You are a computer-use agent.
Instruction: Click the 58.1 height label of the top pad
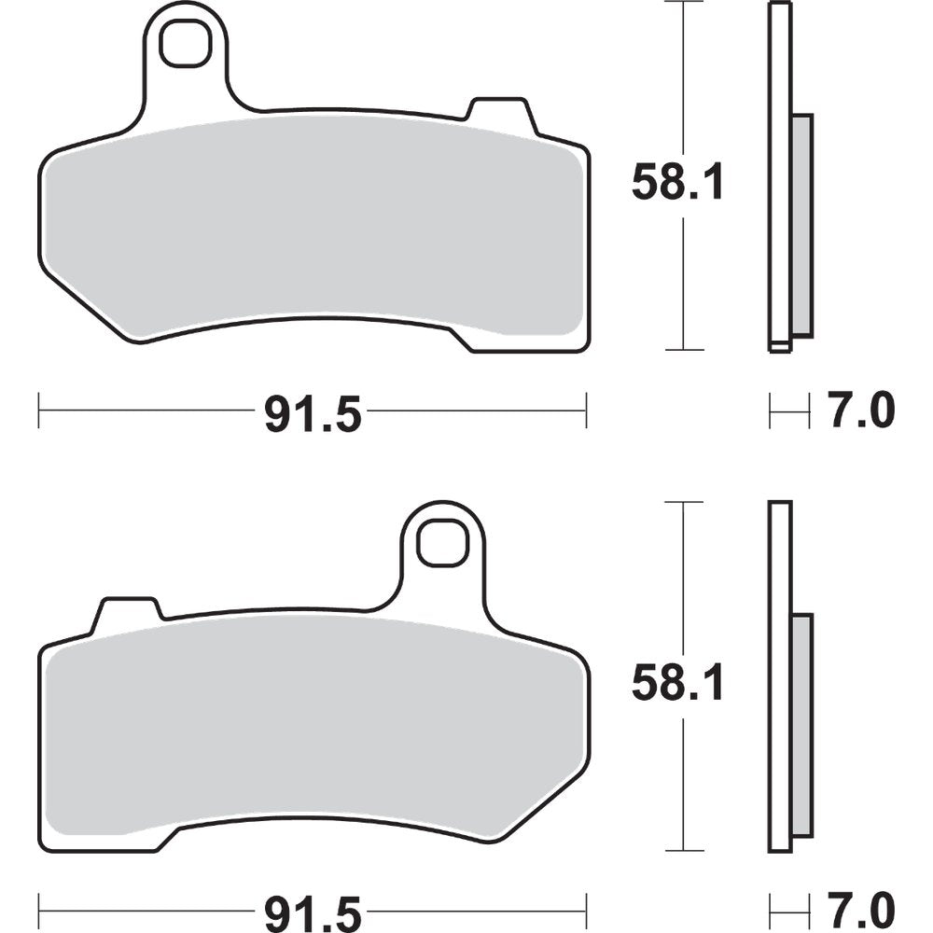[x=677, y=182]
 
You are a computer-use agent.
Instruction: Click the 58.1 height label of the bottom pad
[x=677, y=686]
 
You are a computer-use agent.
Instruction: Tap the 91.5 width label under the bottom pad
[x=312, y=912]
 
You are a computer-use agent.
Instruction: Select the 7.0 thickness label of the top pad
[x=860, y=411]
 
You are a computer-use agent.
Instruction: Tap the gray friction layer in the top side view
[x=801, y=224]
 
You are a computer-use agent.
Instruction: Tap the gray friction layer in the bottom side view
[x=801, y=723]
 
